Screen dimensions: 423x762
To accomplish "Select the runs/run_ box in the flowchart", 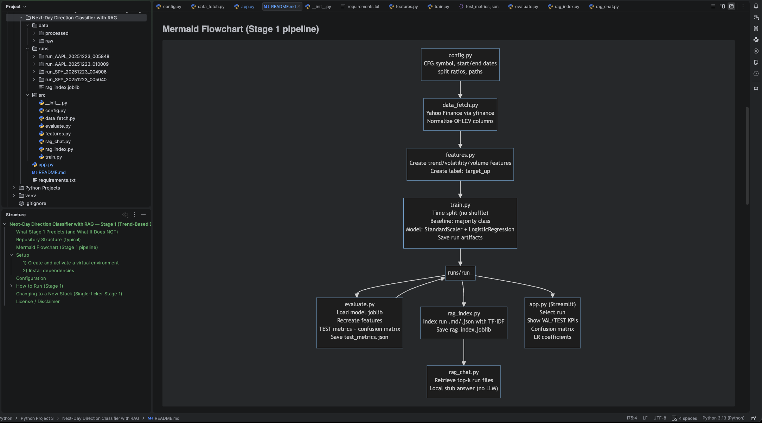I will (460, 273).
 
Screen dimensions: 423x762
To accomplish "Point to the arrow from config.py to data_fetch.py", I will (460, 89).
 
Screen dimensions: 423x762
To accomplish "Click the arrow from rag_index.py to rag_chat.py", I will (463, 352).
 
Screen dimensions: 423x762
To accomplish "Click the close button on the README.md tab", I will (299, 7).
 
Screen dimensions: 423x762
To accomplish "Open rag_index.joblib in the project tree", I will (62, 87).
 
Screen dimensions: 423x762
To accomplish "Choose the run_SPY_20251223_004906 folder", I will (76, 72).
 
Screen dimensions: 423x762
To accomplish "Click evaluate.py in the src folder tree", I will (58, 126).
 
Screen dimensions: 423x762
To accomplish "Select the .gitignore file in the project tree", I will (36, 203).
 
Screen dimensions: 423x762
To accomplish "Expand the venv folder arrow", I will (14, 196).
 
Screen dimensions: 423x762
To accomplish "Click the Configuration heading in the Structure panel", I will (31, 278).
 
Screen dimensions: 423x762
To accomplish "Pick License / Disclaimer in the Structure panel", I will (38, 301).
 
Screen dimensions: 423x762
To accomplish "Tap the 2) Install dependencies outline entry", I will (48, 270).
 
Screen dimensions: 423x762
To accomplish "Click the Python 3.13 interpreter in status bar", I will (723, 418).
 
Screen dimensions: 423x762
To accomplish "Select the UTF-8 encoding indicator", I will (659, 418).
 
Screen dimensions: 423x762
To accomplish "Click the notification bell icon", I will (756, 6).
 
